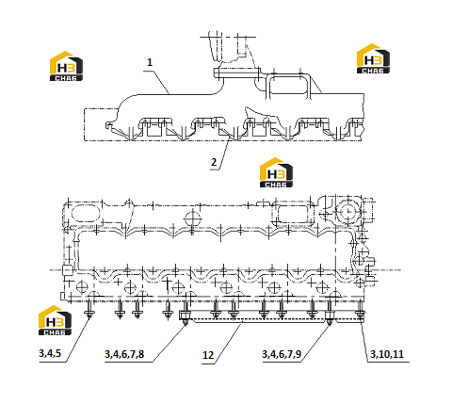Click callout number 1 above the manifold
(150, 62)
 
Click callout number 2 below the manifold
(214, 162)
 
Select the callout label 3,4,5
(50, 353)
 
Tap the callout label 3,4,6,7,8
(124, 354)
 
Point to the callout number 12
(208, 355)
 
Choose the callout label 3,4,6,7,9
(282, 354)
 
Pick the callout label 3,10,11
(387, 354)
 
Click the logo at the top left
(66, 66)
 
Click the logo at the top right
(373, 58)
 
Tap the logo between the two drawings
(276, 172)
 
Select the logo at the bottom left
(55, 320)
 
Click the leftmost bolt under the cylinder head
(89, 309)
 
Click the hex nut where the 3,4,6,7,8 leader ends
(185, 315)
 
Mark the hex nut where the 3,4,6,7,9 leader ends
(330, 315)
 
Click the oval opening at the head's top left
(86, 214)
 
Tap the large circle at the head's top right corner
(347, 211)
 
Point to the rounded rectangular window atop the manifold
(288, 86)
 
